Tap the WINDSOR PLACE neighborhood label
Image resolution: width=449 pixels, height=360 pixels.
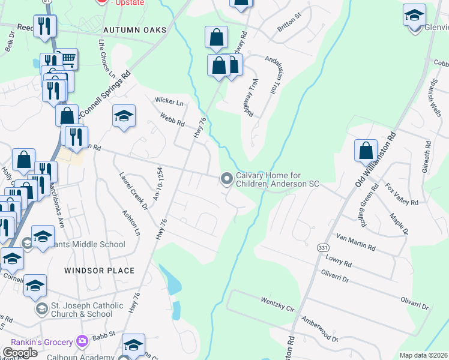[x=100, y=271]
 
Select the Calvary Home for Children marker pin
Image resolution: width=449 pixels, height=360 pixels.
[x=227, y=179]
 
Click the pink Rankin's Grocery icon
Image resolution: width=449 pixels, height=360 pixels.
[x=82, y=341]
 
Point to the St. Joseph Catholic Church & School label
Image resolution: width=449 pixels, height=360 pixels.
[x=79, y=310]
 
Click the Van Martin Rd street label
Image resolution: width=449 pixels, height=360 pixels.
[x=356, y=242]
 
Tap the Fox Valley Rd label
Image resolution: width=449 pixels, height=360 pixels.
[x=401, y=194]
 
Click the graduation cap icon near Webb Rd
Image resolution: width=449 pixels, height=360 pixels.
[x=124, y=117]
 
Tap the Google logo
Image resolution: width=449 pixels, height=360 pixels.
[x=20, y=353]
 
